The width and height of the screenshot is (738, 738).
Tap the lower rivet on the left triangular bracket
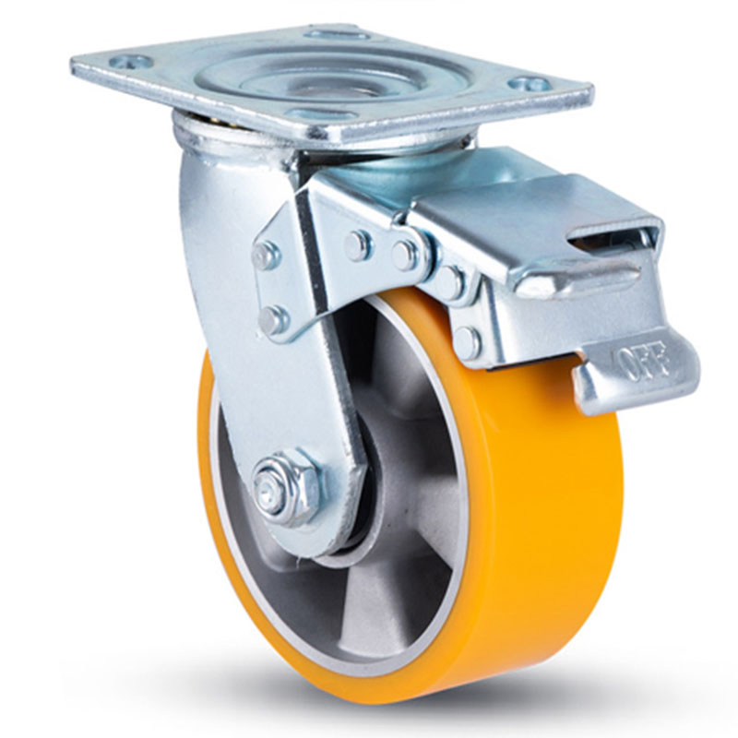click(272, 320)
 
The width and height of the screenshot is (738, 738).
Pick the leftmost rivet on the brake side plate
click(358, 244)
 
